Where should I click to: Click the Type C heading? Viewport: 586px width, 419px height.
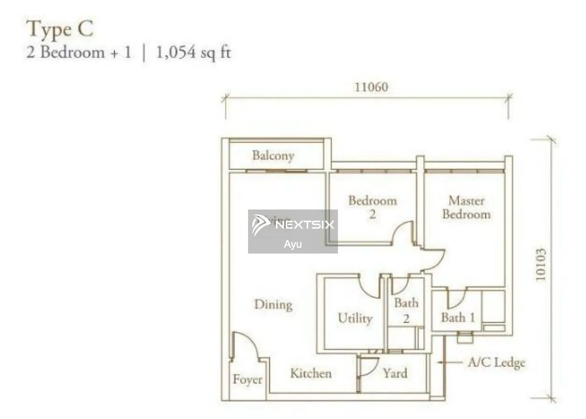60,30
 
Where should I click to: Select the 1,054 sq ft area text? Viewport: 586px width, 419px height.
193,52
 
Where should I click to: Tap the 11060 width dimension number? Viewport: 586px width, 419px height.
371,87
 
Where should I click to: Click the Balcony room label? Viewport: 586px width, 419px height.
273,156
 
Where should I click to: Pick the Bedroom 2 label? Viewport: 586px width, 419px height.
373,207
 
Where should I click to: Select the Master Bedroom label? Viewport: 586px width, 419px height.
466,208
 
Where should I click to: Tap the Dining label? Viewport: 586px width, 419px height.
273,304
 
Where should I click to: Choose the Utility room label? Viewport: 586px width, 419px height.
355,318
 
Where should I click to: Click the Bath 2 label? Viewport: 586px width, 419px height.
406,311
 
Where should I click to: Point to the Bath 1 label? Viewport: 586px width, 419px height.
458,318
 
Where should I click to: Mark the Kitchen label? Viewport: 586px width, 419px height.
311,373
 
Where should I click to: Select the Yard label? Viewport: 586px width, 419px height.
395,373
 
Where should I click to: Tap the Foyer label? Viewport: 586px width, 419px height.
247,379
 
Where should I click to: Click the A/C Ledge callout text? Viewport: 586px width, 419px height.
497,362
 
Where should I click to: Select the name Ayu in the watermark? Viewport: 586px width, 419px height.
293,245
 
